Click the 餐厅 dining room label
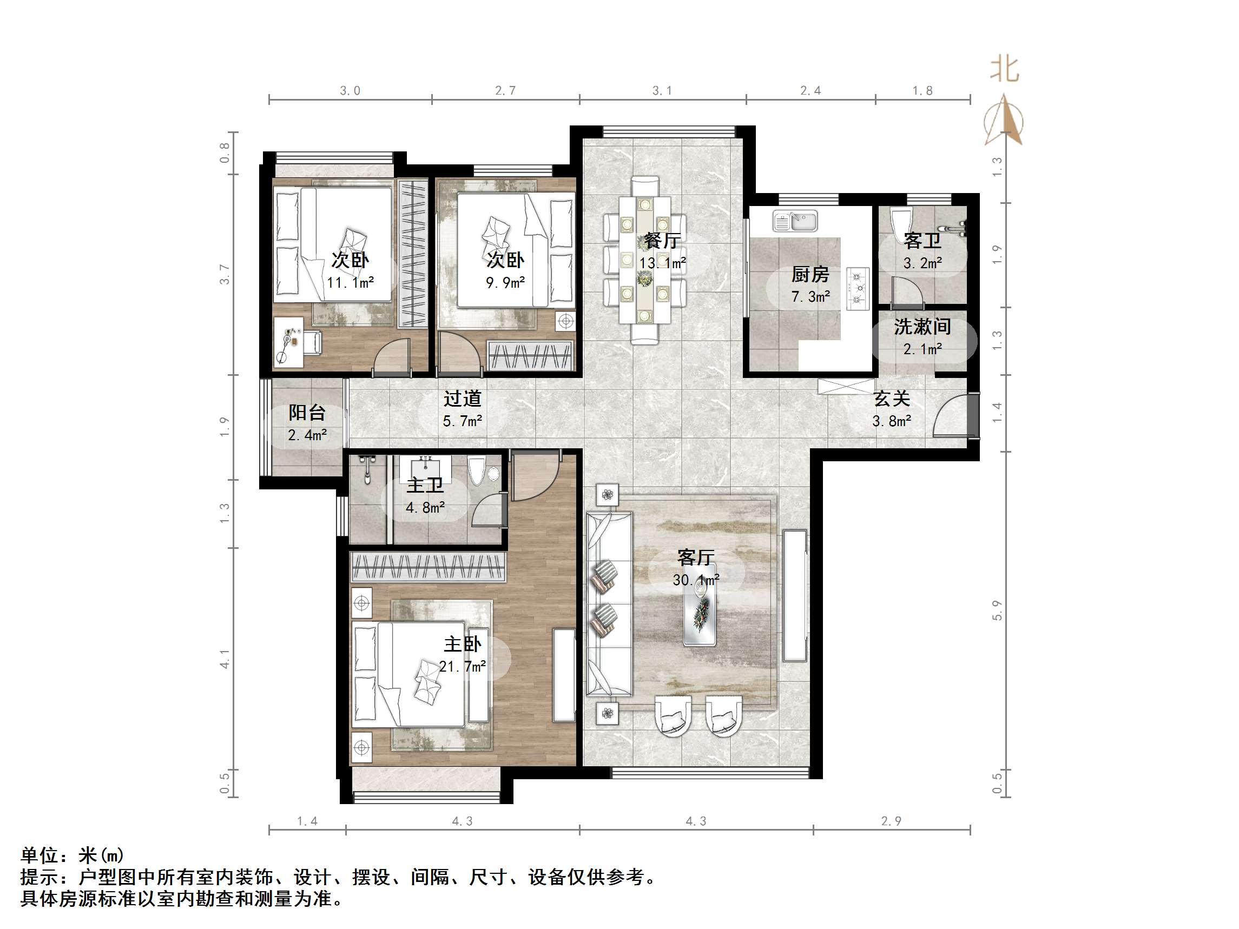pyautogui.click(x=662, y=241)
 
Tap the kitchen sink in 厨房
pyautogui.click(x=795, y=221)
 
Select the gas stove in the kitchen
pyautogui.click(x=858, y=289)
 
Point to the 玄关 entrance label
pyautogui.click(x=892, y=399)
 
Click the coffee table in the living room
pyautogui.click(x=700, y=613)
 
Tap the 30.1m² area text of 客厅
pyautogui.click(x=696, y=580)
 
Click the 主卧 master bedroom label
pyautogui.click(x=462, y=645)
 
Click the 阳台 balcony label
pyautogui.click(x=307, y=413)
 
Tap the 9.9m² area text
pyautogui.click(x=505, y=283)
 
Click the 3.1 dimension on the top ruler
pyautogui.click(x=662, y=91)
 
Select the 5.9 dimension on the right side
pyautogui.click(x=997, y=611)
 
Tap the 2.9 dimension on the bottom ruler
pyautogui.click(x=891, y=821)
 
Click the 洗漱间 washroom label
pyautogui.click(x=922, y=327)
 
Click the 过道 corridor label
pyautogui.click(x=462, y=399)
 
